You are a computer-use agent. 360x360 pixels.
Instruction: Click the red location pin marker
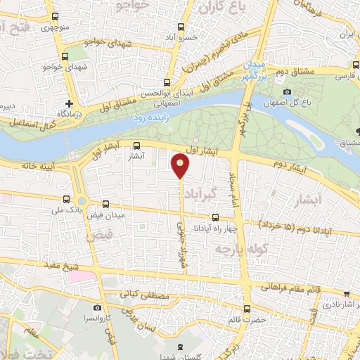point(181,165)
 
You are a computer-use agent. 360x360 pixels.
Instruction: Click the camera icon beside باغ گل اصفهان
point(287,91)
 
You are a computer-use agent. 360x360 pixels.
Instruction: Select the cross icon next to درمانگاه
point(68,103)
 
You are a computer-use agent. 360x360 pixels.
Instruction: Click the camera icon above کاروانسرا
point(97,308)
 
